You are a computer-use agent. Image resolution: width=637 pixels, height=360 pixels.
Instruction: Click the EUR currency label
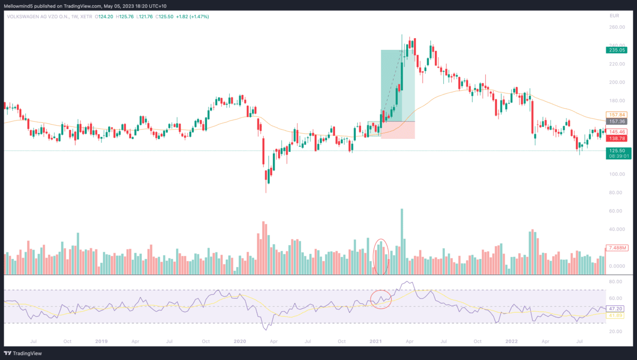614,16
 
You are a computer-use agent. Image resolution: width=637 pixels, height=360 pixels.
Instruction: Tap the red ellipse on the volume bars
382,256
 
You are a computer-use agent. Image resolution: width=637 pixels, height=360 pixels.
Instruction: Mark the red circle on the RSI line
381,299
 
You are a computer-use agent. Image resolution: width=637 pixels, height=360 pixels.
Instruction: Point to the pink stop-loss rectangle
398,130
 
